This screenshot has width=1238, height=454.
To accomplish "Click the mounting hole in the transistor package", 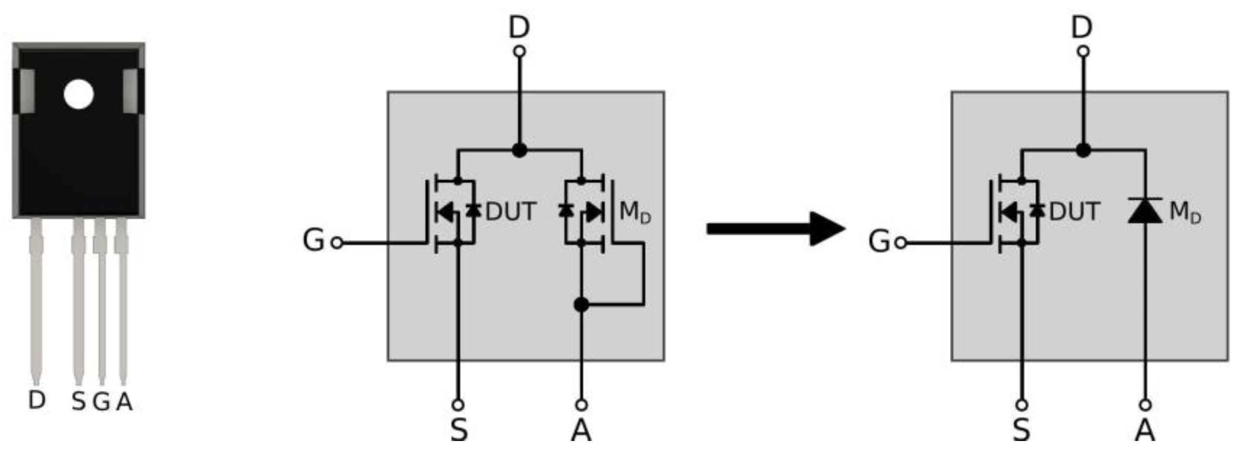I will [x=79, y=94].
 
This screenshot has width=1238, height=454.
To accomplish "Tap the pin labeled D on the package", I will [x=36, y=299].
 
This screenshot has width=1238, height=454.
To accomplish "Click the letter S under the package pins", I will [x=79, y=401].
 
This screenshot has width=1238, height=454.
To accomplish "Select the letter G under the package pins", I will [x=101, y=401].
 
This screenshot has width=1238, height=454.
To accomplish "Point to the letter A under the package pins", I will [x=124, y=401].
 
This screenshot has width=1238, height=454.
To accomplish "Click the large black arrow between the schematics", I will [x=776, y=228].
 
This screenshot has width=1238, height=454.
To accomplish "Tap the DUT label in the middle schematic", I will [x=511, y=212].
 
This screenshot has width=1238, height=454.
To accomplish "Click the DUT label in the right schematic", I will [x=1074, y=212].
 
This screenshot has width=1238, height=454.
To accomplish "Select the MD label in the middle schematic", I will [x=635, y=212].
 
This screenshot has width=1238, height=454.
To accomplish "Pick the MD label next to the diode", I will [x=1185, y=212].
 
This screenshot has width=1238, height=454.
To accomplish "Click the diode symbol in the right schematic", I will [x=1145, y=211].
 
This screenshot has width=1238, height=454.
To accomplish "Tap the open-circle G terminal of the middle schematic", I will [x=337, y=243].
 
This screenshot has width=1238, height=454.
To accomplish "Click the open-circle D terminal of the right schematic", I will [x=1083, y=51].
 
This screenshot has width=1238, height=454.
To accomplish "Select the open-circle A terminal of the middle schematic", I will [x=581, y=404].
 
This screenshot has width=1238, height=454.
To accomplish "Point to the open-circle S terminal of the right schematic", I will [x=1022, y=404].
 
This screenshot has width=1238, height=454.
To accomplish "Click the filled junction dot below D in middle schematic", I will [x=519, y=150].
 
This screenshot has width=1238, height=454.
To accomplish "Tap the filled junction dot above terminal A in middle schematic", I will [x=581, y=305].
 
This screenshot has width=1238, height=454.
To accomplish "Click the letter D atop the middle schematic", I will [x=519, y=28].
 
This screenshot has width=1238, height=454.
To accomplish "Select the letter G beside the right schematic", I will [x=879, y=241].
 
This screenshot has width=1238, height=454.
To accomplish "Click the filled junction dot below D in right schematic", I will [x=1083, y=150].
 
